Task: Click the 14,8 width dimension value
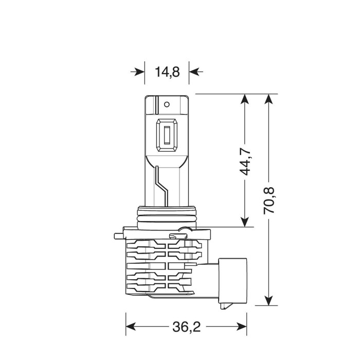[167, 72]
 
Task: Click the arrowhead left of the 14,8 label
[139, 72]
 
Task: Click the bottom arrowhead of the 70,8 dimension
[267, 300]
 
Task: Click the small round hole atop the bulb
[167, 104]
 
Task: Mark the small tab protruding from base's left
[118, 236]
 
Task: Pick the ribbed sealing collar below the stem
[167, 217]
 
